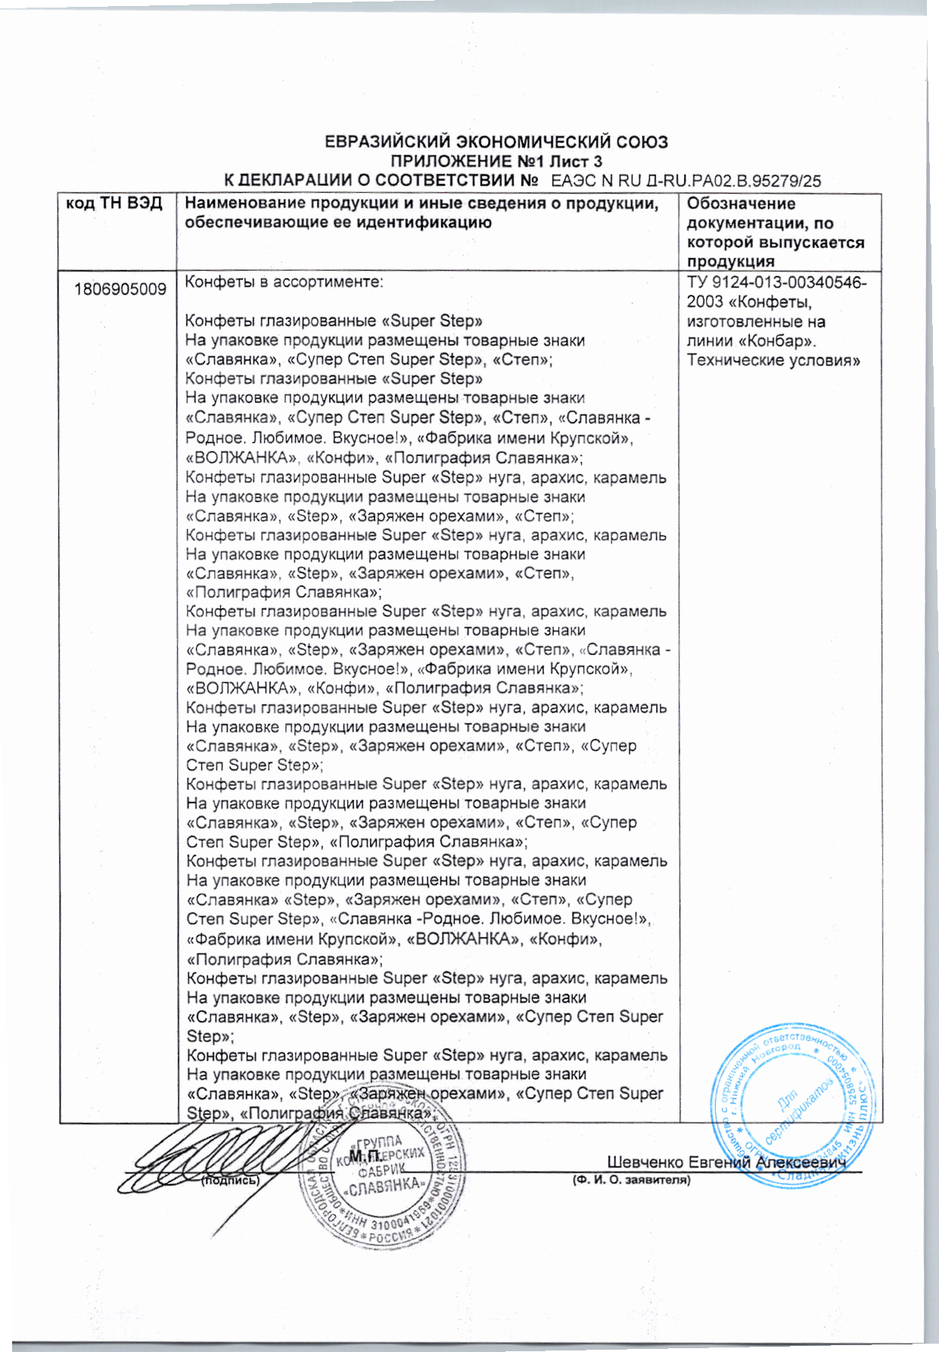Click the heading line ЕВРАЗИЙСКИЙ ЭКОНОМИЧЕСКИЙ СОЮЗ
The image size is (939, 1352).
pos(496,141)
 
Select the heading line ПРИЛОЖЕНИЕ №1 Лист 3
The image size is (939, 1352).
pos(496,161)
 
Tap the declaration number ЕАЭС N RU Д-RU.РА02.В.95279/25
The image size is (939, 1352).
pos(686,181)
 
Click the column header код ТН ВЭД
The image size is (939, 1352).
pos(114,204)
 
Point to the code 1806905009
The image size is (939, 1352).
pos(120,289)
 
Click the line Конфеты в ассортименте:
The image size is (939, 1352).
pos(284,282)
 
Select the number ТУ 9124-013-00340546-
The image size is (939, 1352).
pos(777,283)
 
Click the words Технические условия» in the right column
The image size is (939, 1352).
pos(773,360)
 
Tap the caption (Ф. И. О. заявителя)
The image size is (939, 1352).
pos(631,1180)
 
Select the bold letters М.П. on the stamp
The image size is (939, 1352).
pos(365,1157)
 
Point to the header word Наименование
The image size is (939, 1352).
pos(244,204)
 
